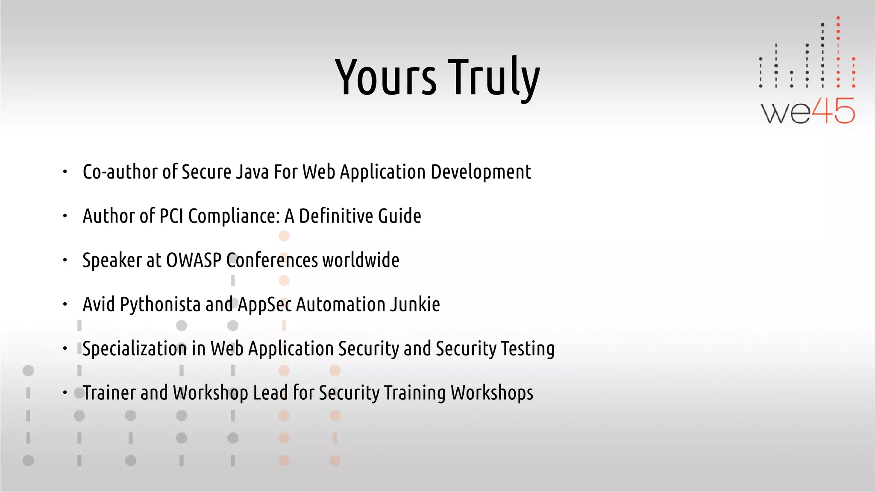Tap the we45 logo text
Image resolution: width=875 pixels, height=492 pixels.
click(x=807, y=111)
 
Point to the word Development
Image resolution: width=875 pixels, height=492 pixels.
click(x=481, y=172)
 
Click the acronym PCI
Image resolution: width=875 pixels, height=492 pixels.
click(x=171, y=216)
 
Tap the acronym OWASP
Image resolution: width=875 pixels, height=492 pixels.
click(x=194, y=260)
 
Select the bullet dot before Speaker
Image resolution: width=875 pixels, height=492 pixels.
click(x=65, y=260)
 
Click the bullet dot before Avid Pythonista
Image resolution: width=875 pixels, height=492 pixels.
click(x=65, y=305)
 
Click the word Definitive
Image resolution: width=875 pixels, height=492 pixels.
click(x=336, y=216)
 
